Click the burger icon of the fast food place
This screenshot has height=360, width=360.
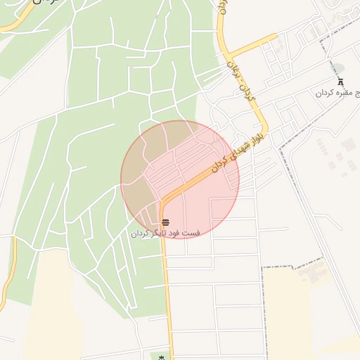point(165,223)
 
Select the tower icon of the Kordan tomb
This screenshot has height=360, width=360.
point(341,81)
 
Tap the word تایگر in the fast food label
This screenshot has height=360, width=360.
point(159,233)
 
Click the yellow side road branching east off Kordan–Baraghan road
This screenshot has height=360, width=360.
point(253,44)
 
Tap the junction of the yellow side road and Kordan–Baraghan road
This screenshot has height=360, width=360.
point(230,55)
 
